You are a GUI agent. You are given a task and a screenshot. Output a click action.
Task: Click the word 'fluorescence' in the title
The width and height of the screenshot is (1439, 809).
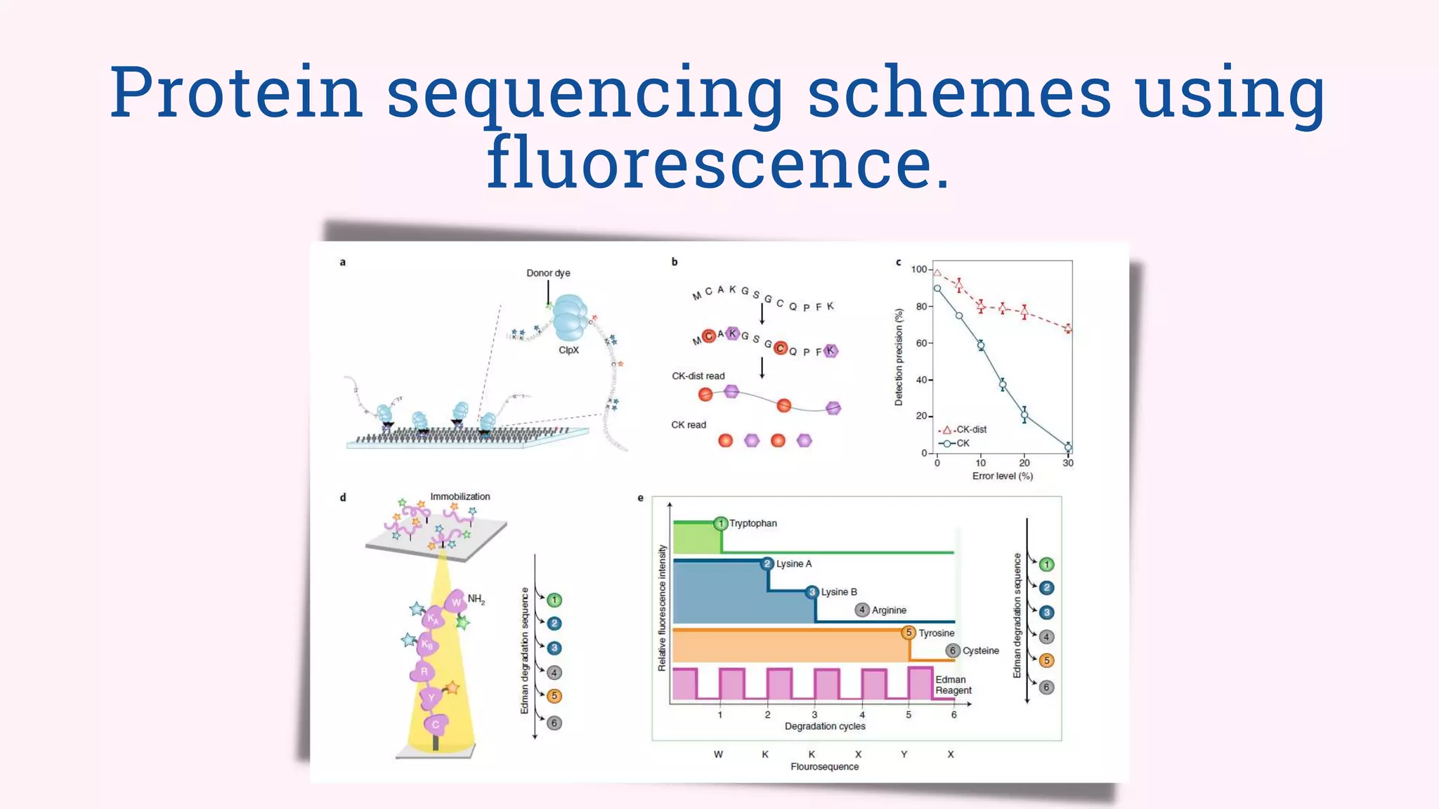point(718,163)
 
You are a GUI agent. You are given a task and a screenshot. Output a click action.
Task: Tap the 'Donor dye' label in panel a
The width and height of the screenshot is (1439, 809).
point(548,273)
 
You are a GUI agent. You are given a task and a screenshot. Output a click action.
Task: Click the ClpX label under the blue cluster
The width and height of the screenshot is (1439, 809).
point(568,350)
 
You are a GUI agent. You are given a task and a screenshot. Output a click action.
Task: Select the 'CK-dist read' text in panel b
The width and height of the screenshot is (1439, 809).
point(698,376)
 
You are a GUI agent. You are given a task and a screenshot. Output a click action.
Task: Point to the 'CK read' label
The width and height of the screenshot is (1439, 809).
point(689,425)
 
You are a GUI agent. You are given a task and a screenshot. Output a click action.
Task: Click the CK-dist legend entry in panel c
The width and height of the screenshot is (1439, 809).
point(970,429)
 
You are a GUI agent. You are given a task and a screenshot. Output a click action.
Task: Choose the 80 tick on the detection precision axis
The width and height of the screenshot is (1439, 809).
point(921,307)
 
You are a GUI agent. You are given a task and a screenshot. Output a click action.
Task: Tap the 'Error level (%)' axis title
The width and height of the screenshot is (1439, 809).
point(1002,476)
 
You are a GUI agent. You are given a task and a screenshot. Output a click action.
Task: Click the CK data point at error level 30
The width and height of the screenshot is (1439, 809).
point(1068,447)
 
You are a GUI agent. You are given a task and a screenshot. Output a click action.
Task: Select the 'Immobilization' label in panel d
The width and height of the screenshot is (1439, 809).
point(460,496)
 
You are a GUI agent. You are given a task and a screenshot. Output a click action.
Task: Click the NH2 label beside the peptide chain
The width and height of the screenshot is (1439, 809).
point(476,599)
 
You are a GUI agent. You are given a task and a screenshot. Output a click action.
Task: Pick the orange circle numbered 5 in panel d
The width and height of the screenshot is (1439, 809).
point(554,696)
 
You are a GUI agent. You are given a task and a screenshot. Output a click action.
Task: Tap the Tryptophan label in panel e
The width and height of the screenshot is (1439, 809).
point(753,523)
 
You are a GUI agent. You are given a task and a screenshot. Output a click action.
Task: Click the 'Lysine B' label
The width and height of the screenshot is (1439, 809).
point(839,592)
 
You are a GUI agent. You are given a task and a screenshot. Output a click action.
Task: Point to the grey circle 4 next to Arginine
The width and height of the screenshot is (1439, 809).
point(862,610)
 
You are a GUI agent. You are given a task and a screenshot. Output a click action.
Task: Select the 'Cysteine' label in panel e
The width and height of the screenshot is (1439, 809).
point(980,651)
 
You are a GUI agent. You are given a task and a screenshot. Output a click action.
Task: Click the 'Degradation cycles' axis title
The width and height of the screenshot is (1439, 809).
point(825,726)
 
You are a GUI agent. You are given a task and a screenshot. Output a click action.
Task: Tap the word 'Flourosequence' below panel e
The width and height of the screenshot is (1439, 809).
point(824,767)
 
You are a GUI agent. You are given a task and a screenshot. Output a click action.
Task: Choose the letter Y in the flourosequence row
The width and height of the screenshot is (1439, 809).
point(904,754)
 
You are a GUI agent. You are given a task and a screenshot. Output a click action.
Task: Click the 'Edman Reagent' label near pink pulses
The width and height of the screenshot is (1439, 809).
point(953,685)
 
